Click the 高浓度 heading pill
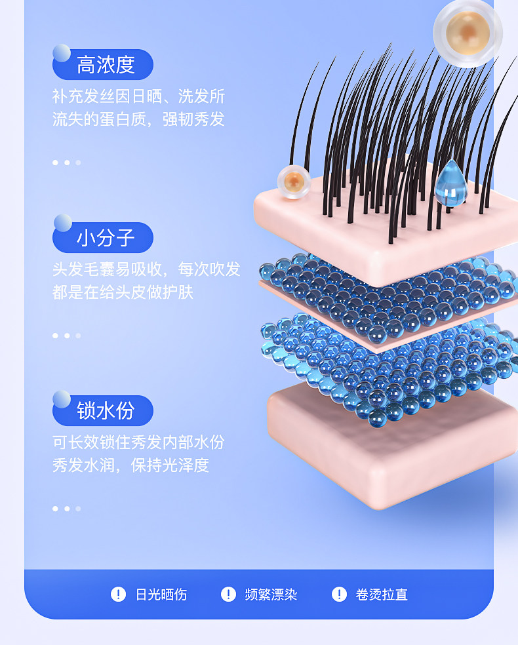click(x=104, y=65)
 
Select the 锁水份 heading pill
click(x=104, y=411)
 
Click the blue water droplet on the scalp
click(x=449, y=182)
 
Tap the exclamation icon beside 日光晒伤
click(x=118, y=594)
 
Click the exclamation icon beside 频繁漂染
click(x=228, y=594)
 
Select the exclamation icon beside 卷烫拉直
click(x=339, y=594)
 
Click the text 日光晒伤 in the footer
click(x=161, y=595)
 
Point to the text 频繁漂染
click(x=271, y=595)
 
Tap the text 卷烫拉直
click(x=382, y=595)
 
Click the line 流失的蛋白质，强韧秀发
click(x=139, y=119)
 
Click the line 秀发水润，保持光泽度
click(x=131, y=465)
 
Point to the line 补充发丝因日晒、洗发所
click(x=139, y=96)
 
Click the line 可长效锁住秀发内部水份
click(x=139, y=442)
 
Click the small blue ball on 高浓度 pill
click(x=62, y=53)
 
